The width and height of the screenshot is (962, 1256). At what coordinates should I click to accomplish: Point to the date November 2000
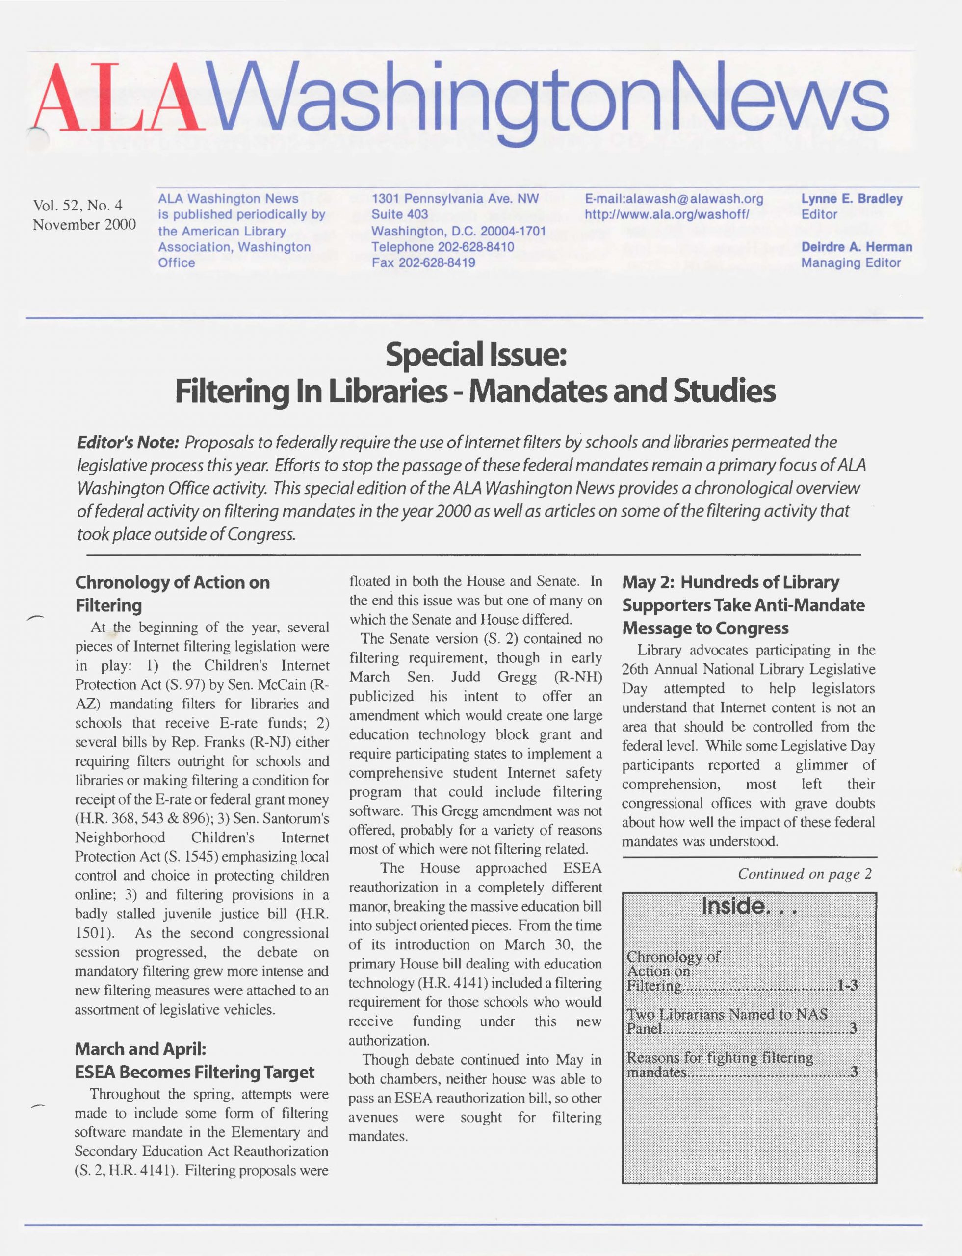tap(84, 225)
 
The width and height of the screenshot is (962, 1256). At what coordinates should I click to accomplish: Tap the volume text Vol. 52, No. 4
tap(78, 205)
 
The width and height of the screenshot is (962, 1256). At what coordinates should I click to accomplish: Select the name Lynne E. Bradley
tap(852, 199)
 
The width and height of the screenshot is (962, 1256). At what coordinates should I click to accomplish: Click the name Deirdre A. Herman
tap(856, 247)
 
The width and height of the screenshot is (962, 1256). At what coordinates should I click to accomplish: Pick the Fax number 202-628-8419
tap(423, 263)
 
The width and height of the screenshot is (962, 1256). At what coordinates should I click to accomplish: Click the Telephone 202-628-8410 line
tap(442, 247)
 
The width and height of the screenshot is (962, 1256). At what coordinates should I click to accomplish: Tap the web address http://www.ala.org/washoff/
tap(667, 215)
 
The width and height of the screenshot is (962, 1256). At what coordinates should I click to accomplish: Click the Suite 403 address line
tap(400, 215)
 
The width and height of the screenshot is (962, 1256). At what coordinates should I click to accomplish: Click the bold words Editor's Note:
tap(129, 443)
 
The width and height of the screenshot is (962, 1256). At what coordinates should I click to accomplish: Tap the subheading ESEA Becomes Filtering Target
tap(195, 1072)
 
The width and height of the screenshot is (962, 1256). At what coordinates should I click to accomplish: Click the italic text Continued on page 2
tap(805, 874)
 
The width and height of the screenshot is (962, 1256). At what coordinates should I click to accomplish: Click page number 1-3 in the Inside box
tap(847, 986)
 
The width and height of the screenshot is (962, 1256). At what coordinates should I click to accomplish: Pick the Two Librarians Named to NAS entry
tap(727, 1014)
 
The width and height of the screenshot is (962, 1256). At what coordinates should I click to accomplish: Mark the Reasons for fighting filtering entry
tap(720, 1057)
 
